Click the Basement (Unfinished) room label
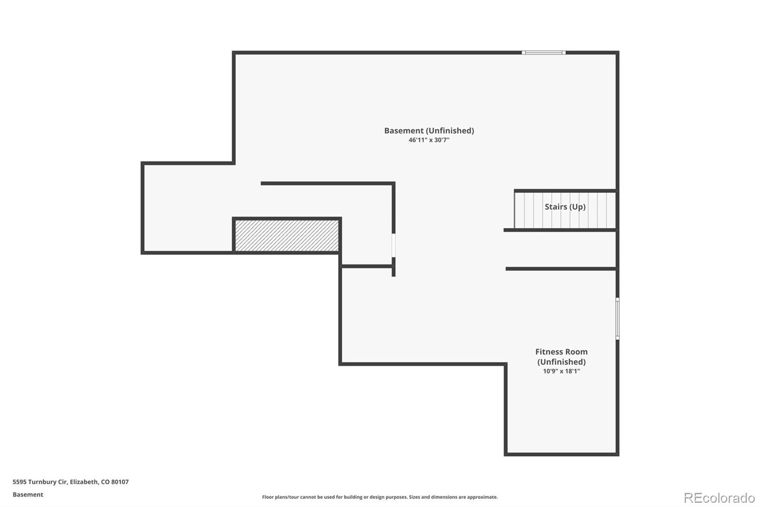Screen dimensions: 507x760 [x=429, y=131]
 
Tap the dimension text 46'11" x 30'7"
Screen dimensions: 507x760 [x=429, y=140]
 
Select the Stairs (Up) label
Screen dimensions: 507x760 [x=565, y=207]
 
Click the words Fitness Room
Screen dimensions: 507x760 [x=561, y=352]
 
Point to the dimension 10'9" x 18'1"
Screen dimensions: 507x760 [x=561, y=371]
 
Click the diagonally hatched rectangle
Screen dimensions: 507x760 [x=287, y=235]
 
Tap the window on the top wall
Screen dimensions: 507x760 [x=543, y=53]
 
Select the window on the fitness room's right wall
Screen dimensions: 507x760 [x=617, y=318]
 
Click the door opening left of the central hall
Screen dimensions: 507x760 [x=393, y=245]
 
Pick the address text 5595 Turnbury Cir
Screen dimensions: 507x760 [x=40, y=482]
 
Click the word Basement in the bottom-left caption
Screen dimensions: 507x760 [x=28, y=495]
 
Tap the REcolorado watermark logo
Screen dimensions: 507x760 [x=719, y=498]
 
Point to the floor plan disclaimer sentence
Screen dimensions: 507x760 [x=380, y=497]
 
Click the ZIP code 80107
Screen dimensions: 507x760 [x=120, y=482]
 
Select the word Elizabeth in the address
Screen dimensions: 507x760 [x=84, y=482]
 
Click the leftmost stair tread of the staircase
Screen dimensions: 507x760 [x=519, y=210]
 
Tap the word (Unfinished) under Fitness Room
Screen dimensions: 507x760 [x=561, y=362]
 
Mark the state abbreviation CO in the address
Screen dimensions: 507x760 [x=105, y=482]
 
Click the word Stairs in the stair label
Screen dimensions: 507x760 [x=556, y=207]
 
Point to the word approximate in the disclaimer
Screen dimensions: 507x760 [x=482, y=497]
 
